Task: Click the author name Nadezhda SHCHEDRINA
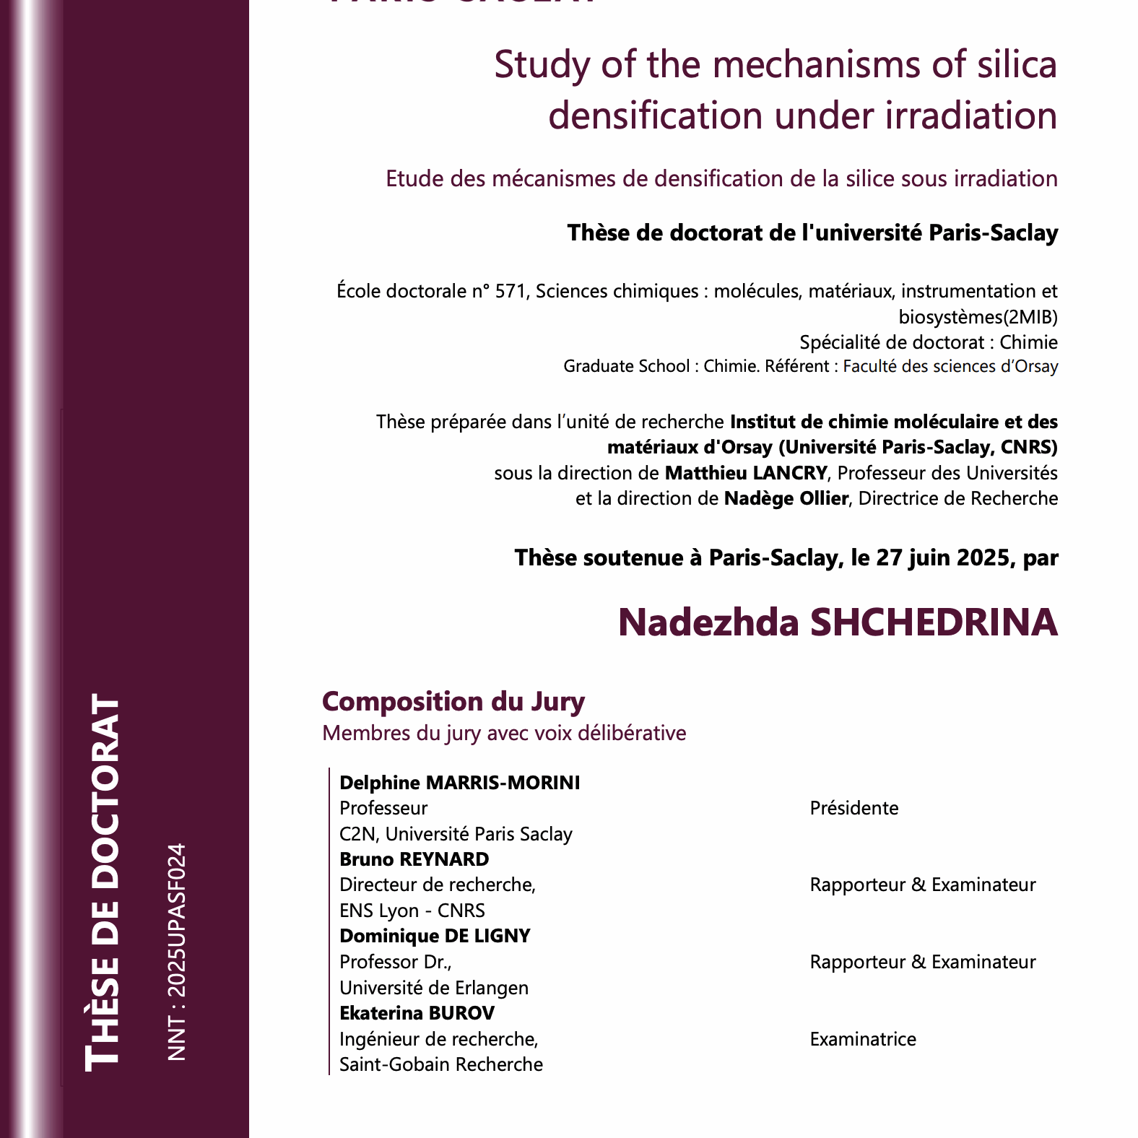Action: [x=838, y=622]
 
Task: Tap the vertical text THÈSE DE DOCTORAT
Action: [x=103, y=882]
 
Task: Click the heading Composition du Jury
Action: [x=453, y=701]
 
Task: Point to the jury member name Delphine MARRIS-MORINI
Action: [x=459, y=783]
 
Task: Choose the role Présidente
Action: [x=853, y=808]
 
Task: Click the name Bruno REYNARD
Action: [x=414, y=859]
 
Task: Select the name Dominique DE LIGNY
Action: [x=435, y=936]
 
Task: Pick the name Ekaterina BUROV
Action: [x=417, y=1013]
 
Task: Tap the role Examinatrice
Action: [x=862, y=1039]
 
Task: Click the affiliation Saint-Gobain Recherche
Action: [x=440, y=1064]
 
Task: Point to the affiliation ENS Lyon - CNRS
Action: [x=412, y=911]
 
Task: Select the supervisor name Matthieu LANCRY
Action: [x=745, y=473]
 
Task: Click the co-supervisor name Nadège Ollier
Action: [x=786, y=499]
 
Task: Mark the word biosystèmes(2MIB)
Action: [x=978, y=317]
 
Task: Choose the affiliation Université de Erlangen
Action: [x=433, y=988]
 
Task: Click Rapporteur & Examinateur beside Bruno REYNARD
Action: [x=922, y=885]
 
